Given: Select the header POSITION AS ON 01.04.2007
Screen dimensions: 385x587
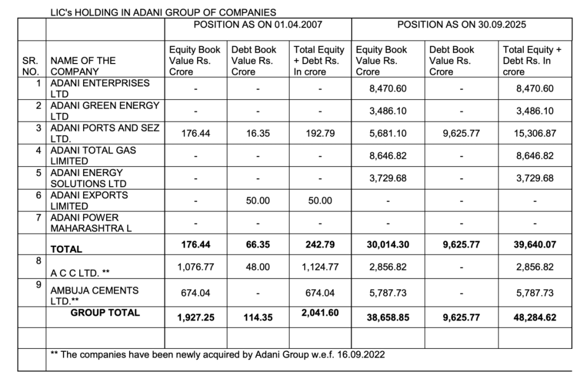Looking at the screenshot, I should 258,25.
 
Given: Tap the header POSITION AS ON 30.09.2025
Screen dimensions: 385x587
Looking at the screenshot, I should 461,25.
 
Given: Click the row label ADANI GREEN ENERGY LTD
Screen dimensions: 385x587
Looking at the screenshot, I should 105,111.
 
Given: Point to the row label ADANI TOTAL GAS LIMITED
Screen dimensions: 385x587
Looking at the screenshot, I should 93,156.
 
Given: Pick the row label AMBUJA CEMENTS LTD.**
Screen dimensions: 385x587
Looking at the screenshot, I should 95,296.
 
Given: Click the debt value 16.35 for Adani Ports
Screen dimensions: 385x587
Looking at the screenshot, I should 258,133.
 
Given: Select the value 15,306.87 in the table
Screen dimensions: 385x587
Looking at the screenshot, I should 535,133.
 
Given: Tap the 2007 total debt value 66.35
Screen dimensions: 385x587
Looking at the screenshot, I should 258,245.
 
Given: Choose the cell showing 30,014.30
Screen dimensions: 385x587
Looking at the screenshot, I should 388,245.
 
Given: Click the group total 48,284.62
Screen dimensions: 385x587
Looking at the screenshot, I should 535,317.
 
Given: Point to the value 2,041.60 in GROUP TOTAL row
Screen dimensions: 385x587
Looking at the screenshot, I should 320,313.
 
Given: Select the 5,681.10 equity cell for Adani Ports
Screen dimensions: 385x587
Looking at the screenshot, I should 388,133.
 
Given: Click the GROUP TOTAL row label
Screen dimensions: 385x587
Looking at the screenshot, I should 105,313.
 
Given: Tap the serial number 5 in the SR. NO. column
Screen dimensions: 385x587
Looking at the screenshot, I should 38,172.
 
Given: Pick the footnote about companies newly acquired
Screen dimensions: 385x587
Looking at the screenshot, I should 218,355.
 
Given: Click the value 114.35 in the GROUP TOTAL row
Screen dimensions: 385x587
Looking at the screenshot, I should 258,317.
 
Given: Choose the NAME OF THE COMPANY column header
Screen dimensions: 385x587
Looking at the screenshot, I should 83,66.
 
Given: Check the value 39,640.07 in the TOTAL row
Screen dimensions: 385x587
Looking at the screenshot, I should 535,245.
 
